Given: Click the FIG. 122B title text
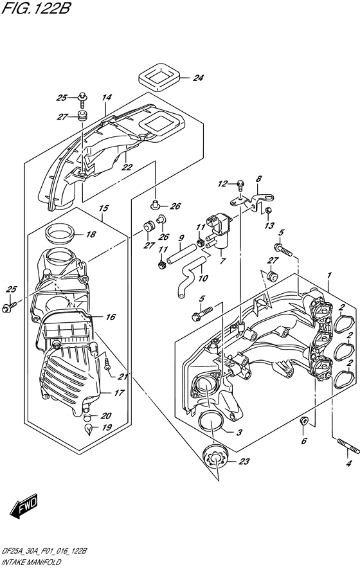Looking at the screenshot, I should click(x=36, y=9).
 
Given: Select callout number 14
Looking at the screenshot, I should click(x=106, y=98).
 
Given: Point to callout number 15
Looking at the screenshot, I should click(x=103, y=208).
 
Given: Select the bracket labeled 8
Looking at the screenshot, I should click(x=256, y=200).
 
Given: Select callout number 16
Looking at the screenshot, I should click(x=111, y=317).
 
